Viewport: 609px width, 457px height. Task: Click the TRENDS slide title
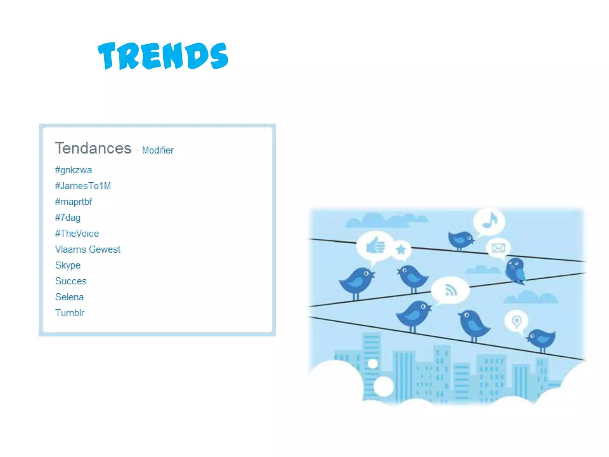163,56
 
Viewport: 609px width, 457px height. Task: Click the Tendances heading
93,148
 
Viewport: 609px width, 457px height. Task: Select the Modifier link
158,150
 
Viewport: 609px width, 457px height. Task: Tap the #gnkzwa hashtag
73,170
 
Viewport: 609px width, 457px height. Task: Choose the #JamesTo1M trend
83,186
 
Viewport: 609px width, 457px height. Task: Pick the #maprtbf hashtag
73,202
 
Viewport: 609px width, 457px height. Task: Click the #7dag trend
68,218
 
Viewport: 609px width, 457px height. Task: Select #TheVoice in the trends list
77,234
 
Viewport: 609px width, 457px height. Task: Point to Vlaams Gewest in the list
88,249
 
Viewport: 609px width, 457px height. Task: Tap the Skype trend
68,265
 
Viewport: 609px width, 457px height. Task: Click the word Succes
71,281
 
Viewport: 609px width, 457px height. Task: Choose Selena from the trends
69,297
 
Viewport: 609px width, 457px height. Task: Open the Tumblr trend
70,313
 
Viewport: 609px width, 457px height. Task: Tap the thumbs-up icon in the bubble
376,246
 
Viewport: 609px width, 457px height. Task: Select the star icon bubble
401,249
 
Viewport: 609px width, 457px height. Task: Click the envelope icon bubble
498,248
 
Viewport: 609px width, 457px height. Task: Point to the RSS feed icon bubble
450,290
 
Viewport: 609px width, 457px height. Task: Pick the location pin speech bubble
517,321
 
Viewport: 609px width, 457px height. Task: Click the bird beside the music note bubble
460,240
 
